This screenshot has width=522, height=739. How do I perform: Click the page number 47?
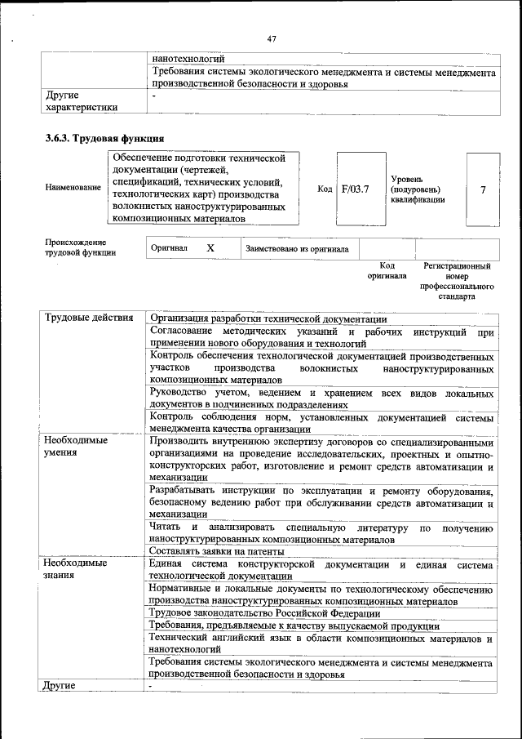pos(272,38)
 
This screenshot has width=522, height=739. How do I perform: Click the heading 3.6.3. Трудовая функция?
pos(105,138)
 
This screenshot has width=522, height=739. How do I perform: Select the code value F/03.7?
pos(356,189)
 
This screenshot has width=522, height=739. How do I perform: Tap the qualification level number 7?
pos(483,189)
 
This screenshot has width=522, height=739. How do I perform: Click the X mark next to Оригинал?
pos(210,247)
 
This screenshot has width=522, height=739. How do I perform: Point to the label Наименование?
pos(73,188)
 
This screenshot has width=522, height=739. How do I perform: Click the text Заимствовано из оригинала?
pos(297,248)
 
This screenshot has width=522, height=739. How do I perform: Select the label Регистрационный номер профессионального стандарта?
pos(457,282)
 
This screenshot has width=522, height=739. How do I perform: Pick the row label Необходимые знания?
pos(76,570)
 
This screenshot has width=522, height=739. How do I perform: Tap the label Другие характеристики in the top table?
pos(82,100)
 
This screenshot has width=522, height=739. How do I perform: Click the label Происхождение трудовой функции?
pos(80,247)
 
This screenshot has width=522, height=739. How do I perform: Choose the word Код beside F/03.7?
pos(325,189)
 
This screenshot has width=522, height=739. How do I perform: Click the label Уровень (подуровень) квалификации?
pos(418,189)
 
